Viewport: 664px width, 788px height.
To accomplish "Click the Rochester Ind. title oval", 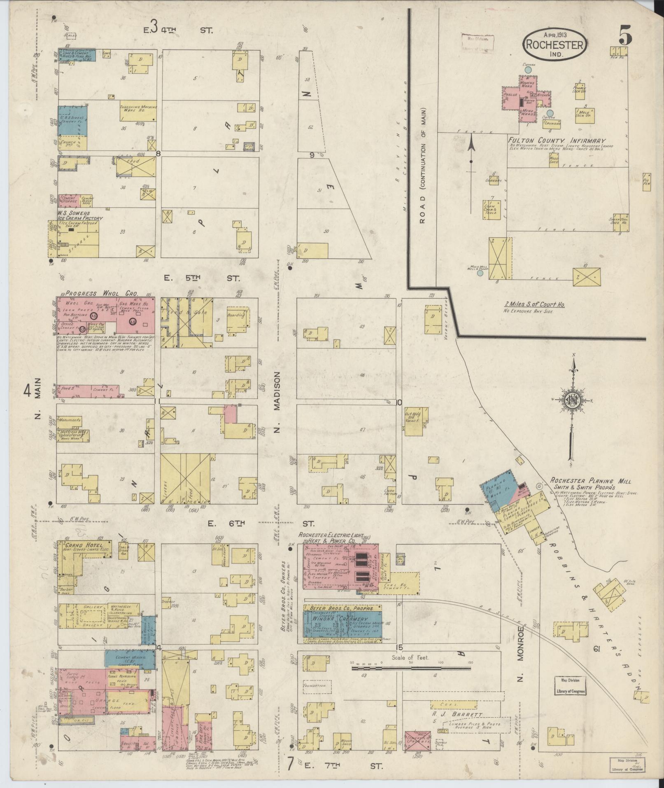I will pos(555,44).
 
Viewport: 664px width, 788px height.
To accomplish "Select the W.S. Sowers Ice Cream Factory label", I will pos(80,216).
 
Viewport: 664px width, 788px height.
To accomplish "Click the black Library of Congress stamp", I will pos(570,685).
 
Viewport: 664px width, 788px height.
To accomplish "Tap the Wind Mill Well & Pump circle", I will pos(480,273).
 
